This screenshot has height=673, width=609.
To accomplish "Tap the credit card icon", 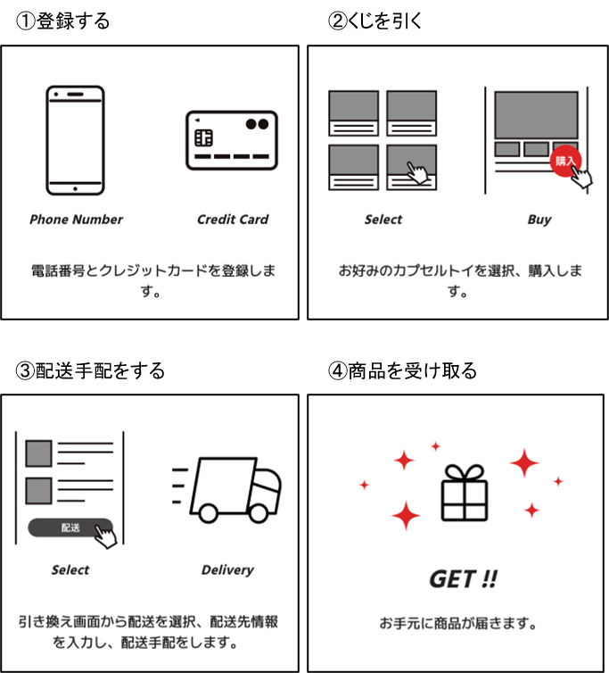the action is [232, 140].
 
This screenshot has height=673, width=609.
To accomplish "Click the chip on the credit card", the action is [203, 137].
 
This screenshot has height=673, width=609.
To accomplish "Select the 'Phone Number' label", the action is [76, 220].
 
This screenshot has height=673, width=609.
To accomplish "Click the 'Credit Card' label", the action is [233, 220].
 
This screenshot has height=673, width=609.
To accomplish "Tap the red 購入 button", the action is [565, 161].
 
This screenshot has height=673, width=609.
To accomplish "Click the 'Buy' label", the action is [539, 220].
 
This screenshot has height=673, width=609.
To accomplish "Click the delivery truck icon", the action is [226, 490].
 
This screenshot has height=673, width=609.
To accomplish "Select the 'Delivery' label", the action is [227, 570].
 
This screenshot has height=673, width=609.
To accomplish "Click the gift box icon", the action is [465, 493].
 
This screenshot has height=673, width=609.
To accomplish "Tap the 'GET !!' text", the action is [463, 579].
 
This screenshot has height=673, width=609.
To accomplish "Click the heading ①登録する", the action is [62, 21].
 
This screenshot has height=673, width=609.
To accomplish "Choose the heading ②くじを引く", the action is [374, 21].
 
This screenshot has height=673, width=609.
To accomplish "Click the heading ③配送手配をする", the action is [90, 370].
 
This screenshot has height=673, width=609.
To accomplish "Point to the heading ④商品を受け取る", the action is [402, 370].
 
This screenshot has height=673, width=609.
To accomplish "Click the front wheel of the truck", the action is [259, 513].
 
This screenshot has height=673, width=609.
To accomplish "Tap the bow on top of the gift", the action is [465, 473].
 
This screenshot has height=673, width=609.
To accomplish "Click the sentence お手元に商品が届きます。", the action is [458, 623].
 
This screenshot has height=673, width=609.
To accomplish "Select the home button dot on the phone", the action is [75, 189].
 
